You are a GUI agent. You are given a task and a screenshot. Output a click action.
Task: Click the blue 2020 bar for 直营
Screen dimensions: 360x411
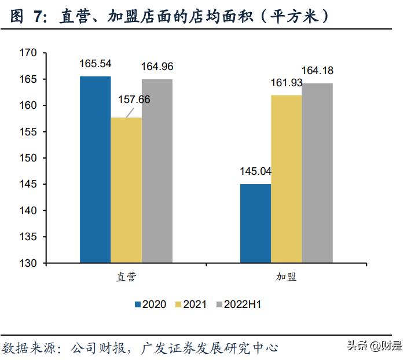click(96, 170)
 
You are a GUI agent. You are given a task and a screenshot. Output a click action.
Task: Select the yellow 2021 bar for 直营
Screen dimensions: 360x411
click(126, 190)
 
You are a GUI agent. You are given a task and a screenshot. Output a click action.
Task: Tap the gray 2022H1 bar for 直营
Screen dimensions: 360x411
click(157, 171)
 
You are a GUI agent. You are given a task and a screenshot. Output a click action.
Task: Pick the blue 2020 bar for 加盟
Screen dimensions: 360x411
click(255, 223)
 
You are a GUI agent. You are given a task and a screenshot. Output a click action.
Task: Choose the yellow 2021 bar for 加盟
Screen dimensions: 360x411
click(286, 179)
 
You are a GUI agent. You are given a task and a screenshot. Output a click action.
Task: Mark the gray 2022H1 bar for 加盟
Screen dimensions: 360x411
click(317, 173)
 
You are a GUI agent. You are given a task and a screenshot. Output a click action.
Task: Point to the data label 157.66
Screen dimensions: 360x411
click(134, 100)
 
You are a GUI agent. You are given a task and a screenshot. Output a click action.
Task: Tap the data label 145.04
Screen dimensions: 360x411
click(255, 171)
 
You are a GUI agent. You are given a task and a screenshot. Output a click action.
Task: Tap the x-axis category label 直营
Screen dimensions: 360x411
click(126, 277)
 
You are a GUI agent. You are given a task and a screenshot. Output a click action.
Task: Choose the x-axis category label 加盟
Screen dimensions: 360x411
click(286, 277)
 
